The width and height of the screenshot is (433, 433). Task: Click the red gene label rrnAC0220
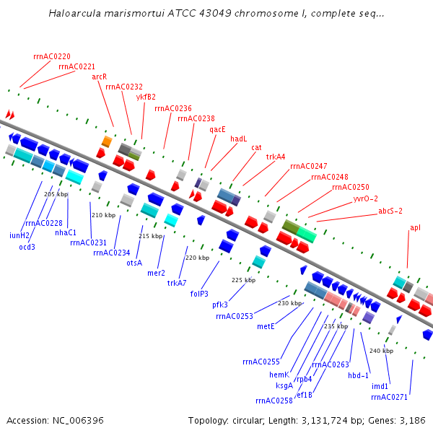pos(52,56)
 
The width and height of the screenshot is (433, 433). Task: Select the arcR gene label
pos(100,76)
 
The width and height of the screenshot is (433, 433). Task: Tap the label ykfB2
pos(146,97)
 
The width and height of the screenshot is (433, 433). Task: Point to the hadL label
pos(239,139)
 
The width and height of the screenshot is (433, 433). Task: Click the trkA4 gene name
pos(276,157)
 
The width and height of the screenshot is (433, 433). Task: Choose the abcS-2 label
pos(390,211)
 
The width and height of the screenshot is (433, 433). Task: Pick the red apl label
pos(415,228)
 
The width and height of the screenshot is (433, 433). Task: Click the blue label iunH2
pos(19,235)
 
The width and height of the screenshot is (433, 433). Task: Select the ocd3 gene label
pos(27,247)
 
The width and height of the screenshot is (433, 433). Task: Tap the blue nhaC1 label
pos(66,232)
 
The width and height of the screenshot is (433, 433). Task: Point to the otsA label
pos(134,263)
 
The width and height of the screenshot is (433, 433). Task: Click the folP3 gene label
pos(199,294)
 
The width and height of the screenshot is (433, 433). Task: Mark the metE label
pos(266,326)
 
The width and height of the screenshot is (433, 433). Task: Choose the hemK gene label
pos(279,375)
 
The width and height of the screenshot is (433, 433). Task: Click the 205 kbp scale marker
pos(56,194)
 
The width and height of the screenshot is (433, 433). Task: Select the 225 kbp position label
pos(243,280)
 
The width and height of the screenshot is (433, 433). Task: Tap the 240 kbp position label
pos(380,351)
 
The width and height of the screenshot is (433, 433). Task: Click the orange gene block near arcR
pos(106,141)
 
